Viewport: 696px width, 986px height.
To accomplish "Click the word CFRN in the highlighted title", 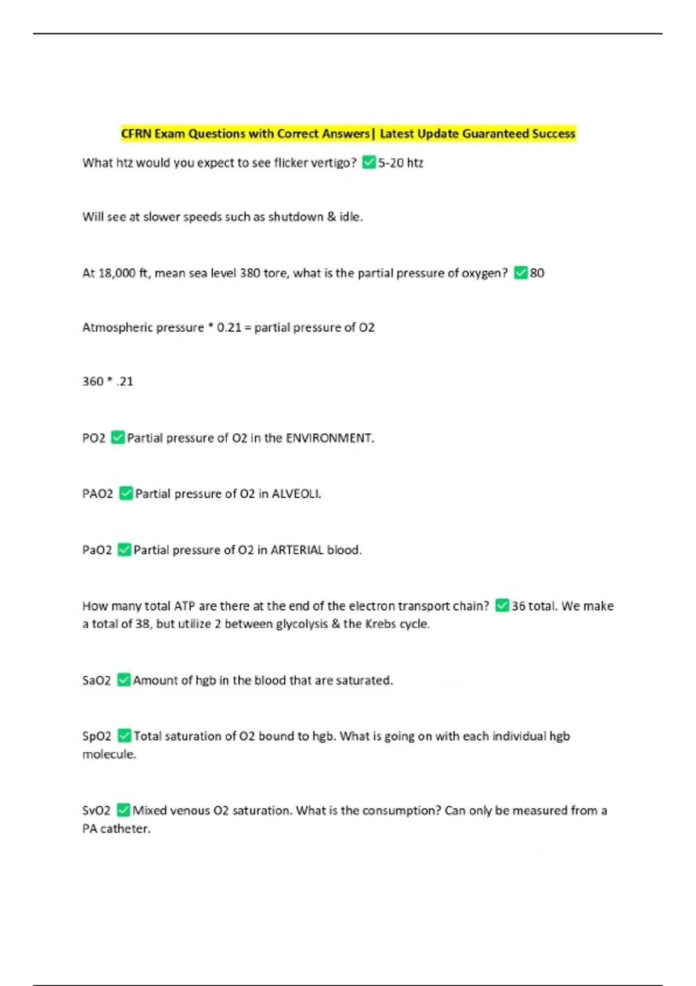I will coord(136,134).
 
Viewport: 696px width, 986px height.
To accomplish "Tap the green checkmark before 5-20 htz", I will coord(369,162).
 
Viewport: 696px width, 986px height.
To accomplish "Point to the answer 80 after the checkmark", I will coord(537,273).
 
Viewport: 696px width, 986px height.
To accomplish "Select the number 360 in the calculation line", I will coord(93,382).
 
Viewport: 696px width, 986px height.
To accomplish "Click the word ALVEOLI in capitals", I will coord(296,494).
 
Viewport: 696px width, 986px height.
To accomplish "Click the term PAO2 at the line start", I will coord(97,494).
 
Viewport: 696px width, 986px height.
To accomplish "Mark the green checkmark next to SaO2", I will coord(124,680).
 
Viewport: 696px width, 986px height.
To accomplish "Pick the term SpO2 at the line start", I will coord(96,736).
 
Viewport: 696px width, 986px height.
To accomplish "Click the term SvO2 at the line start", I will coord(96,810).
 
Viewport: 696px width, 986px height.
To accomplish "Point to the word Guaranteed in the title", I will coord(495,134).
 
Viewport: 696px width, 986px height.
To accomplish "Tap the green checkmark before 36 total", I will coord(502,606).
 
